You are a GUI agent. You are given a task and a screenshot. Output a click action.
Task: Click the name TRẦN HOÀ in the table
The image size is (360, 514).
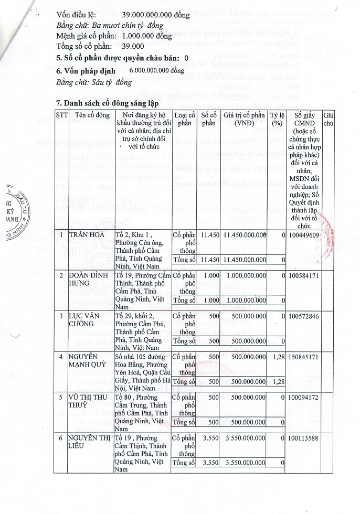(x=88, y=234)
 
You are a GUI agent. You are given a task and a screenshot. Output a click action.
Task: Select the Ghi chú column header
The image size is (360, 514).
(x=329, y=119)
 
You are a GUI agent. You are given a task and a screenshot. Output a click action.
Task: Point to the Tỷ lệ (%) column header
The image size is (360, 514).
(x=277, y=119)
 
